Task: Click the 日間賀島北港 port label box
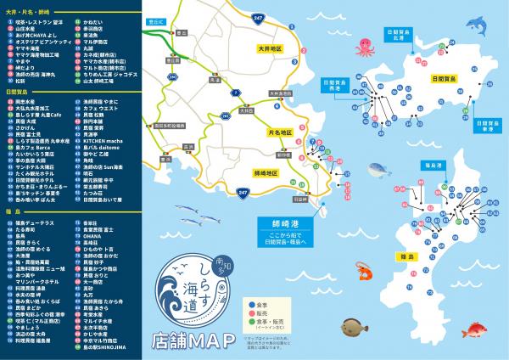coord(404,37)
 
